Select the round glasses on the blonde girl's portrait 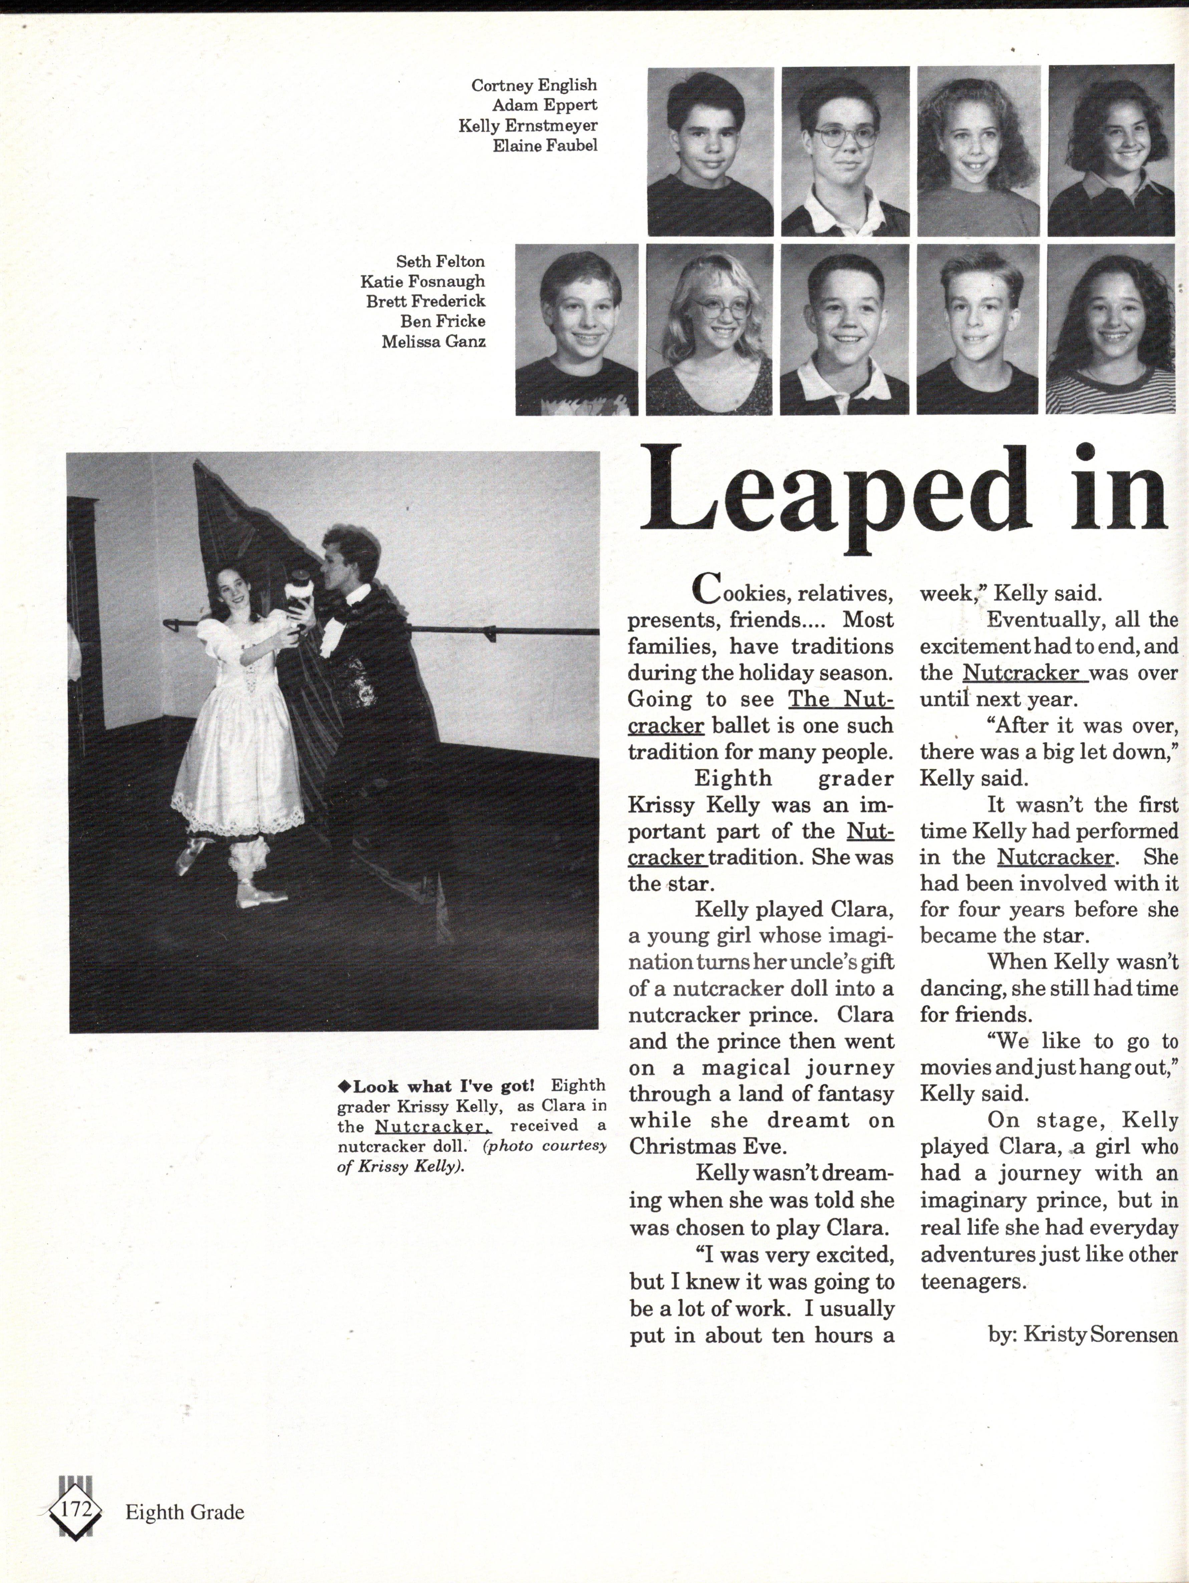point(721,309)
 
